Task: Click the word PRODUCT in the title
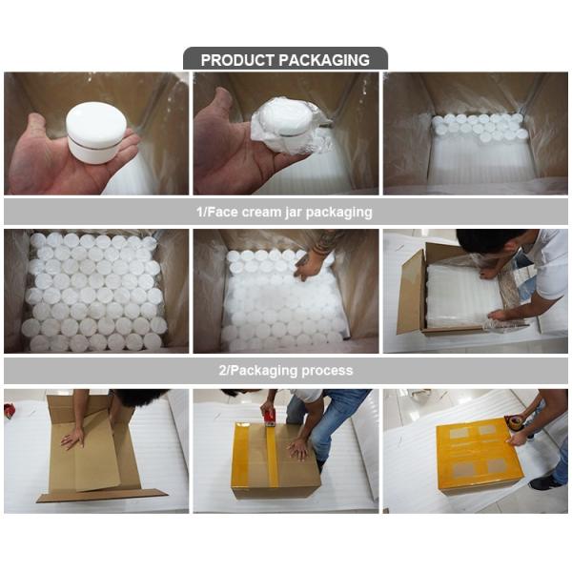click(235, 60)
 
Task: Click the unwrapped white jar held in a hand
click(95, 132)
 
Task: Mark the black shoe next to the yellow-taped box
click(546, 481)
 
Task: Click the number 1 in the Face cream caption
click(203, 212)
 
